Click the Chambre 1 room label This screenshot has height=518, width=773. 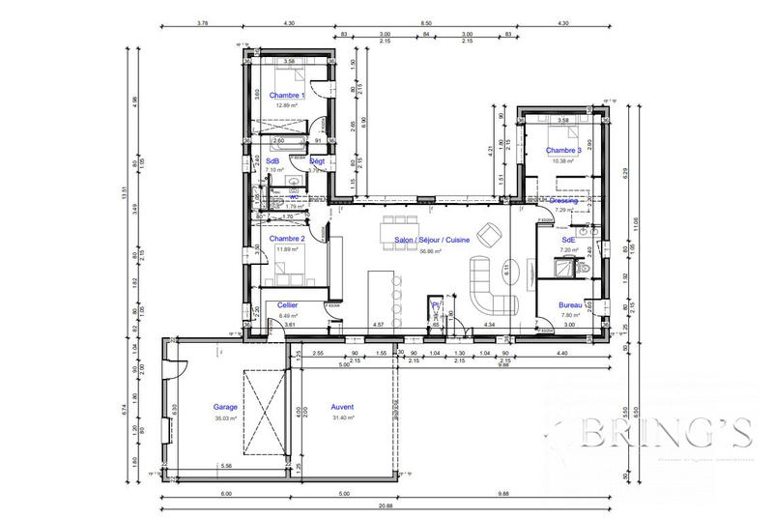[287, 96]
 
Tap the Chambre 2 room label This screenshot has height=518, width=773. [287, 239]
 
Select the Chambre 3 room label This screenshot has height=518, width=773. [563, 151]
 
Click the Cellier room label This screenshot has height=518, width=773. [287, 304]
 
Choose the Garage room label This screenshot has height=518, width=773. [226, 407]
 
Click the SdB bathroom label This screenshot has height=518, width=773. [272, 160]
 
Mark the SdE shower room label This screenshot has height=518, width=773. [568, 240]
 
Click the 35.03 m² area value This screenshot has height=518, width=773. [226, 417]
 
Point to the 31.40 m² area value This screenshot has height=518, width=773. [343, 417]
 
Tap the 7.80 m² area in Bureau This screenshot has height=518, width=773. [570, 314]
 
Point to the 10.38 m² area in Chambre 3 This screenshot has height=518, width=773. [563, 160]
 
